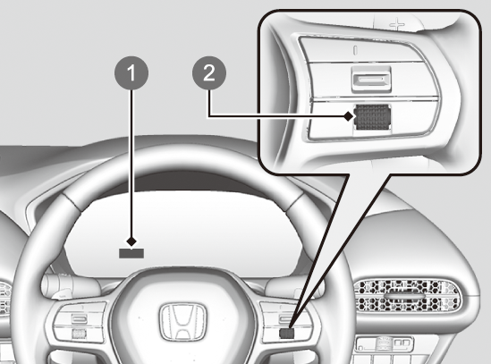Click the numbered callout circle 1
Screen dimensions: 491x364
[x=131, y=73]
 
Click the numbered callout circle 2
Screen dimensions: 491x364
[x=209, y=73]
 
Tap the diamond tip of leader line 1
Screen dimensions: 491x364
[x=131, y=241]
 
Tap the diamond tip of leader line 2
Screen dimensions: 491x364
[x=348, y=116]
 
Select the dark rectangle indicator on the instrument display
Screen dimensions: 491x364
[x=131, y=253]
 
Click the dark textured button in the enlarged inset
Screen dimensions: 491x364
[x=373, y=117]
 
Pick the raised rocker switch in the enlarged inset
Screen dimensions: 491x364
[x=371, y=79]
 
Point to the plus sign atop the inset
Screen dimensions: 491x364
[x=397, y=24]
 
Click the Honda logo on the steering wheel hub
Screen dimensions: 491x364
[x=182, y=322]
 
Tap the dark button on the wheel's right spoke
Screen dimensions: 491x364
[x=286, y=334]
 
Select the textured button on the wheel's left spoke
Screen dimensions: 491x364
[x=79, y=334]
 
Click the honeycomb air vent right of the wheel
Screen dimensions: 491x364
[x=407, y=296]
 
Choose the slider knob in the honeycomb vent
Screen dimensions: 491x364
[x=404, y=296]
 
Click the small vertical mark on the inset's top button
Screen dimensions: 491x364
[x=355, y=50]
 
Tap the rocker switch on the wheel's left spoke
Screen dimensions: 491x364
[x=79, y=319]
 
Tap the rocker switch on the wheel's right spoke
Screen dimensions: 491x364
[x=286, y=319]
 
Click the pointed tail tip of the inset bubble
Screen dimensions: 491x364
[x=290, y=329]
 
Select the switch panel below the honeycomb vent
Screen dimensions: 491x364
[x=385, y=344]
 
